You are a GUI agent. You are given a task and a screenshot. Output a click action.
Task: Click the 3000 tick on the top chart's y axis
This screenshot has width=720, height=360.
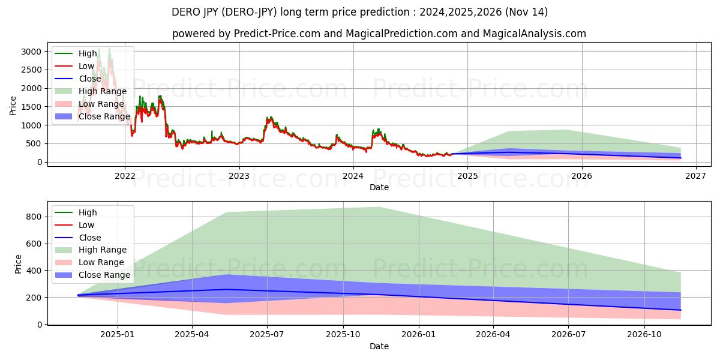click(33, 52)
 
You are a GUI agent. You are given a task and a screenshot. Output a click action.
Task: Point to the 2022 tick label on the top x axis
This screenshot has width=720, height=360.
click(125, 176)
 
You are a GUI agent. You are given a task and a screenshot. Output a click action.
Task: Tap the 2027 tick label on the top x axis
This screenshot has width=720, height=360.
click(695, 176)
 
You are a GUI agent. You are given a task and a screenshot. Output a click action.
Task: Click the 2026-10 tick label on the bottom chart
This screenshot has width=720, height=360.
click(644, 335)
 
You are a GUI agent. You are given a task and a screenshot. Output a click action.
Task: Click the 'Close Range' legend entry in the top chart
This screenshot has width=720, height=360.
click(104, 116)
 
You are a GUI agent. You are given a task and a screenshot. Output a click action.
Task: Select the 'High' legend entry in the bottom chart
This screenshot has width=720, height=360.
click(88, 212)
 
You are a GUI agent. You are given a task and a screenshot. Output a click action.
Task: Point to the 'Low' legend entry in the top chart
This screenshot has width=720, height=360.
click(86, 66)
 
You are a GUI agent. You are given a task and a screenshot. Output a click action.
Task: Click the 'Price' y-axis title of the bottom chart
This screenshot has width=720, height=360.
click(18, 264)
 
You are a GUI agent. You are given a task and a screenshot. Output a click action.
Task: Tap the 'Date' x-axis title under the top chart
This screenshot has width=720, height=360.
click(379, 187)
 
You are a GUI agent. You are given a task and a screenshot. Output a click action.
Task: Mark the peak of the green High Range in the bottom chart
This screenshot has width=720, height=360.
click(379, 207)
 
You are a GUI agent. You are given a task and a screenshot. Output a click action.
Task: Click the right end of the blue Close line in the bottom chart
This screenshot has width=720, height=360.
click(680, 310)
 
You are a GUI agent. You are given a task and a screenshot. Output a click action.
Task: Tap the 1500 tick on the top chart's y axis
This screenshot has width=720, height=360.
click(33, 107)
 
